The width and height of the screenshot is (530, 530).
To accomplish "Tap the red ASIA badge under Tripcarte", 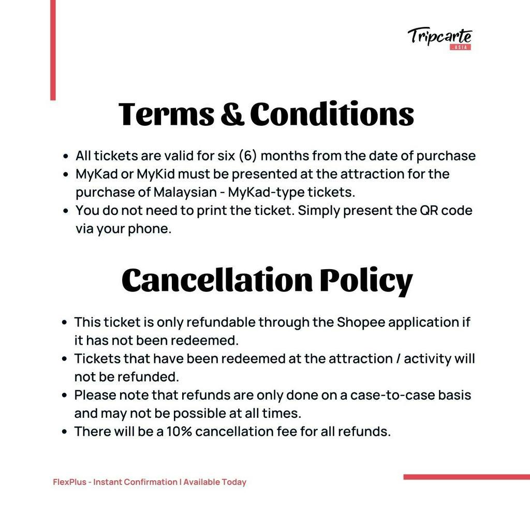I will click(x=460, y=47).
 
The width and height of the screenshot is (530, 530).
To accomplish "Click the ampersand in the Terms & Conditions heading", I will click(x=232, y=114).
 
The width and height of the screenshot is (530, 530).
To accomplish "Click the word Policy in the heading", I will click(x=366, y=280).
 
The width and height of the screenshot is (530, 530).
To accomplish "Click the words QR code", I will click(x=445, y=211).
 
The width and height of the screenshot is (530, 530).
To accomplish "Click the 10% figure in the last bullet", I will click(x=179, y=431).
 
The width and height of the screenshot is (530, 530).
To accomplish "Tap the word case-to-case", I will click(x=392, y=395).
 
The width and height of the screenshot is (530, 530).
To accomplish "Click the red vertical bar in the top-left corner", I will click(x=53, y=50).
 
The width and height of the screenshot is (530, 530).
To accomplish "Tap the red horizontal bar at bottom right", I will click(x=466, y=477).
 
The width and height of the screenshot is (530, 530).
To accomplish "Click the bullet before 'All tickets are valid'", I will click(x=65, y=156).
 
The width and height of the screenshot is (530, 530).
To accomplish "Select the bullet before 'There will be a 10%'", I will click(x=64, y=432).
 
